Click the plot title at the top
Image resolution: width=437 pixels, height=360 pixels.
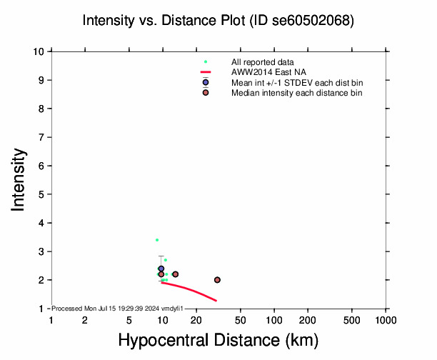tap(218, 21)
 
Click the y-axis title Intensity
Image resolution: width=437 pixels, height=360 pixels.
tap(19, 179)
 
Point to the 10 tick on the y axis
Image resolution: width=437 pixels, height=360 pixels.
tap(41, 51)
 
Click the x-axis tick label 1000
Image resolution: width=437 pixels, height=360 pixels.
tap(386, 321)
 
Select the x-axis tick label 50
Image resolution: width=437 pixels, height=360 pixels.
tap(241, 321)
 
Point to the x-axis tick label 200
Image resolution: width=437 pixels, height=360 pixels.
tap(308, 321)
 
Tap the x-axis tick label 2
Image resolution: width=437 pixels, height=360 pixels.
tap(85, 321)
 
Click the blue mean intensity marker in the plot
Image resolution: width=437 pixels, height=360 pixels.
tap(161, 269)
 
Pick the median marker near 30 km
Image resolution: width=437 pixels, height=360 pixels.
tap(217, 280)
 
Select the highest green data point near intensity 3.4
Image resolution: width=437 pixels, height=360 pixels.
tap(157, 240)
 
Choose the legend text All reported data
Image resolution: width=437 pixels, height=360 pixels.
tap(261, 63)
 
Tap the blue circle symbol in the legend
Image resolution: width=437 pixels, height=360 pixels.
tap(206, 83)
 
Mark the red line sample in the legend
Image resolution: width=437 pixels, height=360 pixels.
tap(206, 73)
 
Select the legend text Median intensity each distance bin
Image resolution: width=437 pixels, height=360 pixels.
tap(296, 93)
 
